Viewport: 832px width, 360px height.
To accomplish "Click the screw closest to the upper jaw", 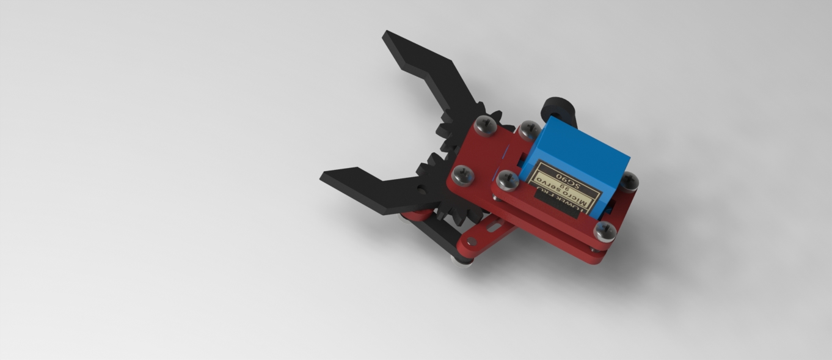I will pos(485,125).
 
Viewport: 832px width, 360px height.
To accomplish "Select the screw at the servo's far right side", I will pos(630,181).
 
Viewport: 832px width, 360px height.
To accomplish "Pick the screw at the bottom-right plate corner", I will pos(605,230).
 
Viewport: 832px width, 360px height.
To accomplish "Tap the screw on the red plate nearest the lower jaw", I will pos(463,175).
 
